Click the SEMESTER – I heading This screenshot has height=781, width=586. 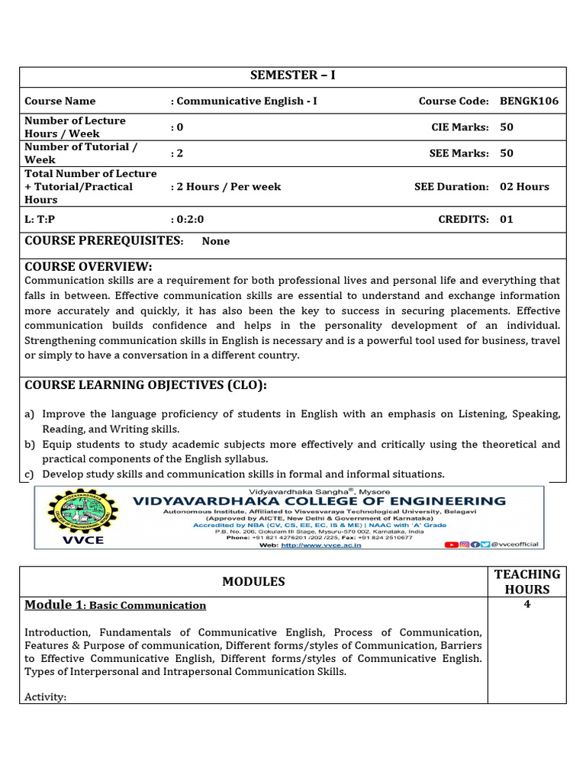point(293,76)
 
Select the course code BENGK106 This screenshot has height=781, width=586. point(524,101)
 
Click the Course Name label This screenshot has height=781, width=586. point(60,101)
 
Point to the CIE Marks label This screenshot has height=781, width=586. point(460,127)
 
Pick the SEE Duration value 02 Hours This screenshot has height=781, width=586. point(524,186)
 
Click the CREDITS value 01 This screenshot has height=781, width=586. point(507,219)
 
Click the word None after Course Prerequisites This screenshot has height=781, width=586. point(216,241)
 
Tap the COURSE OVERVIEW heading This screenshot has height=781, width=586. point(89,266)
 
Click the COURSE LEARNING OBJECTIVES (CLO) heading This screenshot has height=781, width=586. point(146,385)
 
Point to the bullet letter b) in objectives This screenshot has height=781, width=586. point(30,444)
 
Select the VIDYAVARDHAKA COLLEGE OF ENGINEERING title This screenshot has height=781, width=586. point(319,501)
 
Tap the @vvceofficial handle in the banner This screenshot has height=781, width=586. point(515,545)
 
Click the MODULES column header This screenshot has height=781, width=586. point(253,581)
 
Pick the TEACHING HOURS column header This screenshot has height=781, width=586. point(527,581)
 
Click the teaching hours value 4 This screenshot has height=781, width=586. point(527,605)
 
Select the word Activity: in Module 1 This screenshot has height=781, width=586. point(46,696)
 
